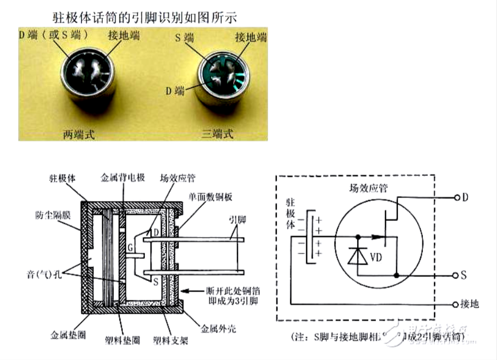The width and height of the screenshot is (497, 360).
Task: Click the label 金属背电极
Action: coord(122,178)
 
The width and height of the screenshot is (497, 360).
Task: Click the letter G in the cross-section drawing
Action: coord(130,246)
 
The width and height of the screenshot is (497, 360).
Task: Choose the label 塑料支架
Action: coord(171,340)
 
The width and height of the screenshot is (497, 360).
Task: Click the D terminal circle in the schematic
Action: coord(456,197)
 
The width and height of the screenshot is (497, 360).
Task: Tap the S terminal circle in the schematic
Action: coord(456,275)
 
